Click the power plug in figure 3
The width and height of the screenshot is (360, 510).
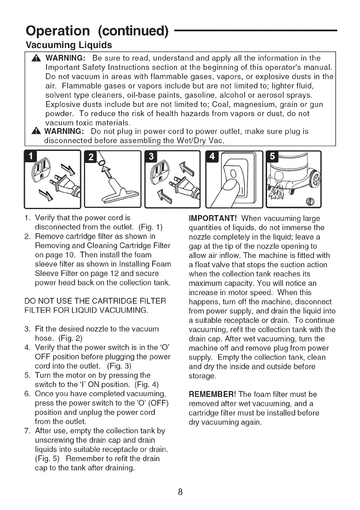[x=183, y=186]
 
